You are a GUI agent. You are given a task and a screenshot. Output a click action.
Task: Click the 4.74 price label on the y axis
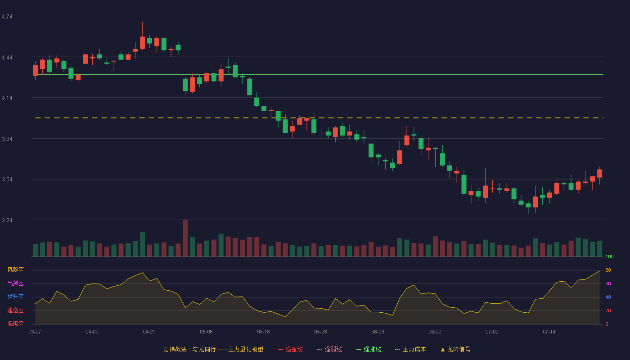point(7,17)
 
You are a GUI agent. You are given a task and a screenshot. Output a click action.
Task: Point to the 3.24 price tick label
point(7,220)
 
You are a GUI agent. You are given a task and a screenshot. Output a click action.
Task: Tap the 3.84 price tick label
point(7,139)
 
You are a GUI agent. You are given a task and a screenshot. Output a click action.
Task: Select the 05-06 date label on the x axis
point(206,332)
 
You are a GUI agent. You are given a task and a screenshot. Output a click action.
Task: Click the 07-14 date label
point(549,332)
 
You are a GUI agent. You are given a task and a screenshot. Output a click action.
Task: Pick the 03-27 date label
point(35,332)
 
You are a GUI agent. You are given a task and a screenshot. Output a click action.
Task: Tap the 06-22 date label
point(435,332)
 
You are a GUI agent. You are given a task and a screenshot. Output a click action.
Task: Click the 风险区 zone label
point(15,270)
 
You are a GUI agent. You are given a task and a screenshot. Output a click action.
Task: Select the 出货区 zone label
point(15,283)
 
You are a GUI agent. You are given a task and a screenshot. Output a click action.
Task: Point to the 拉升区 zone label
point(15,297)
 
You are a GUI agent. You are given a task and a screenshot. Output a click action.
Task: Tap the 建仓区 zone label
point(15,310)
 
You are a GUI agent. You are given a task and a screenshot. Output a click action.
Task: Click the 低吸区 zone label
point(15,324)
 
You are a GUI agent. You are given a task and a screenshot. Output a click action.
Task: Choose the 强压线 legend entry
point(290,349)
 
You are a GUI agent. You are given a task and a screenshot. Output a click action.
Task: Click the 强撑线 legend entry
point(369,349)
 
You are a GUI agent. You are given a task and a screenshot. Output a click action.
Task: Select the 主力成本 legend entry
point(410,349)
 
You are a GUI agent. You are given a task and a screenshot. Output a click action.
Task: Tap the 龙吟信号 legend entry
point(455,349)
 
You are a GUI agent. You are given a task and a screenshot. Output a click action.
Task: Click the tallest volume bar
point(185,238)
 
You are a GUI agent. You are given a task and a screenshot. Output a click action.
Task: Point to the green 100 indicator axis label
point(609,256)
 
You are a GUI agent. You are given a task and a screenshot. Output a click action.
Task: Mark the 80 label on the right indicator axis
point(608,270)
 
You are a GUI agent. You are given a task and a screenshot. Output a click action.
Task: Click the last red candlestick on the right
point(599,173)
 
